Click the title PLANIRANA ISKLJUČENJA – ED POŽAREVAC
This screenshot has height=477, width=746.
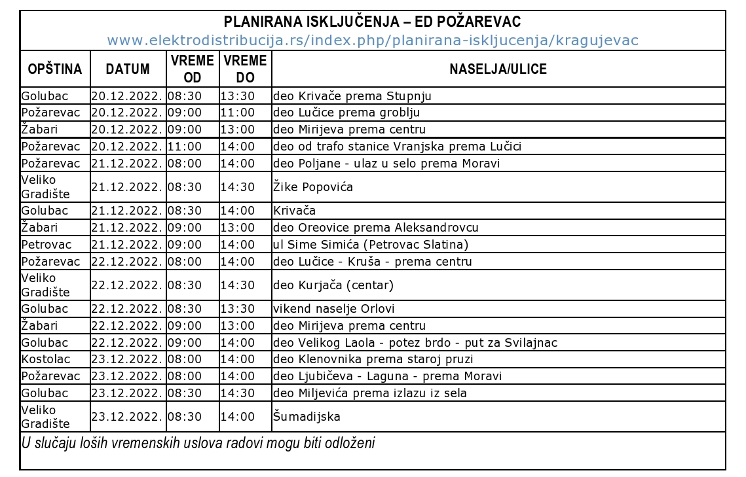372,22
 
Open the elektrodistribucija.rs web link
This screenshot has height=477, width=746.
372,41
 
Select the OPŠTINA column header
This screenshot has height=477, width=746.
54,69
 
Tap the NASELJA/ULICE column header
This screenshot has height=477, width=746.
498,69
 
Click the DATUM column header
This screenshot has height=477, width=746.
127,69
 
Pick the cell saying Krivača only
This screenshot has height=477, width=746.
295,211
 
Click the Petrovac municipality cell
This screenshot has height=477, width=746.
45,245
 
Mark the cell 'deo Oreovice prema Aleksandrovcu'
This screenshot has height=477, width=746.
375,228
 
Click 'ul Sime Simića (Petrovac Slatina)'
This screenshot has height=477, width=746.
371,245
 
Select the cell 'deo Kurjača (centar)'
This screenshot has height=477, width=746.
333,285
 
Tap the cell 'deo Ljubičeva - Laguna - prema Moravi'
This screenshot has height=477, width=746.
387,376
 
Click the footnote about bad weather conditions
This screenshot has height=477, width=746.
198,443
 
